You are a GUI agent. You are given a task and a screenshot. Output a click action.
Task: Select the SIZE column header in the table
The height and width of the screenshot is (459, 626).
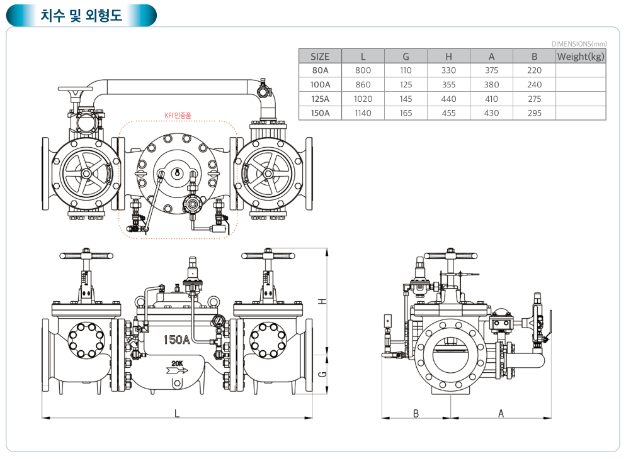pos(320,57)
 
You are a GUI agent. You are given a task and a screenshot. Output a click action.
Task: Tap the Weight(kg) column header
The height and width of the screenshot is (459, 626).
pos(581,57)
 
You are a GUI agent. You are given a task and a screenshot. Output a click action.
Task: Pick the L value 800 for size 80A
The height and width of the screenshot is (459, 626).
pos(363,70)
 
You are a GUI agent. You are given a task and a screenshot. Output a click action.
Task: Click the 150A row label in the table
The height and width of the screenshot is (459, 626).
pos(320,113)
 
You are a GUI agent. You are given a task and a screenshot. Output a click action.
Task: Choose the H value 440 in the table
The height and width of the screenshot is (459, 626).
pos(448,99)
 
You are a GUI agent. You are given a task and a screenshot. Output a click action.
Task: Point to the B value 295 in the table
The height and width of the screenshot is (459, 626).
pos(534,113)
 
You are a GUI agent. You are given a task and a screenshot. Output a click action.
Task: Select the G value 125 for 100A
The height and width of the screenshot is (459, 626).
pos(406,84)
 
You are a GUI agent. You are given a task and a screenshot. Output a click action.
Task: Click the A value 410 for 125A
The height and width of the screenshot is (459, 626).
pos(491,99)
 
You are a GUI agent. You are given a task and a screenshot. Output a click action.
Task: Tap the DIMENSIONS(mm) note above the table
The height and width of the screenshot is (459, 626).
pos(579,44)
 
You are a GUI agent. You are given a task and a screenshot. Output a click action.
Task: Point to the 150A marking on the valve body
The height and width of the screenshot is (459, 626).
pos(177,340)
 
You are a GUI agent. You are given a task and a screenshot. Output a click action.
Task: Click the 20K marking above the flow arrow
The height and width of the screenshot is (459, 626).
pos(177,363)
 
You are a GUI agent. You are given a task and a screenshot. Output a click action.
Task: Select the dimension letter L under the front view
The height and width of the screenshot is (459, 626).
pos(177,413)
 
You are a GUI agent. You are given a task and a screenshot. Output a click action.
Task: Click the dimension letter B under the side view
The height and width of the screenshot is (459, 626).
pos(416,413)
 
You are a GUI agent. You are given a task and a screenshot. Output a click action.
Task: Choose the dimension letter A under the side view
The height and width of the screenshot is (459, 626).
pos(501,413)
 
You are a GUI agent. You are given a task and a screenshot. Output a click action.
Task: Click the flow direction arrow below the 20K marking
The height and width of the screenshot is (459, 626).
pos(177,370)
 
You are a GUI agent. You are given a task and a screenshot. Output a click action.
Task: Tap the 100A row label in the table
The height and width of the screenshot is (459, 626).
pos(320,84)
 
